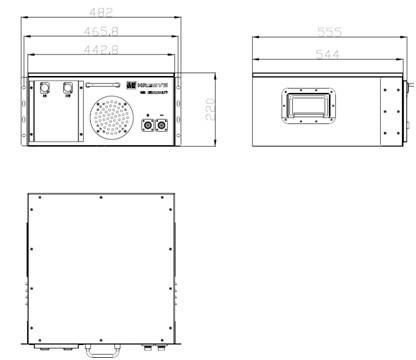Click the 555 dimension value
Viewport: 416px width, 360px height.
pyautogui.click(x=329, y=32)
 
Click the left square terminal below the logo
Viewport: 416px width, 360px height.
pyautogui.click(x=147, y=126)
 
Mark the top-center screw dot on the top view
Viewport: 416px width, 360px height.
pyautogui.click(x=100, y=197)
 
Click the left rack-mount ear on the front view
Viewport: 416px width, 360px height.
pyautogui.click(x=23, y=109)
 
